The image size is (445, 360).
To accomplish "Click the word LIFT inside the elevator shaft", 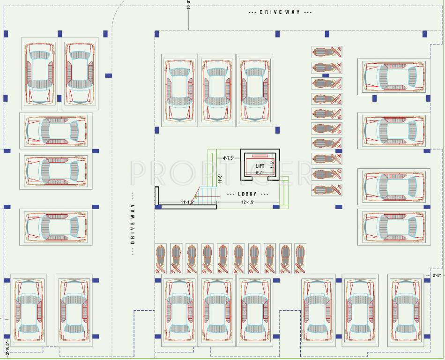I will (260, 166).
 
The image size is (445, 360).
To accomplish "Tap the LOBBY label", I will (247, 194).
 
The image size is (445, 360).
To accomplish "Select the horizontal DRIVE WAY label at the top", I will (280, 12).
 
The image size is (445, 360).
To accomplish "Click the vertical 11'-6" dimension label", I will (219, 179).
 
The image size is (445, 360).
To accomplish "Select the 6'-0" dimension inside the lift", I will (260, 172).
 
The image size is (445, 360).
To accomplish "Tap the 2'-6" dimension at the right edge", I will (438, 275).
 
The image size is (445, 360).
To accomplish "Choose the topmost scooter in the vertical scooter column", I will (326, 52).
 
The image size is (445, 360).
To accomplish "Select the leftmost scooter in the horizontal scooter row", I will (161, 258).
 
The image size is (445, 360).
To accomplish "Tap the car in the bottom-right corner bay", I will (405, 310).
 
